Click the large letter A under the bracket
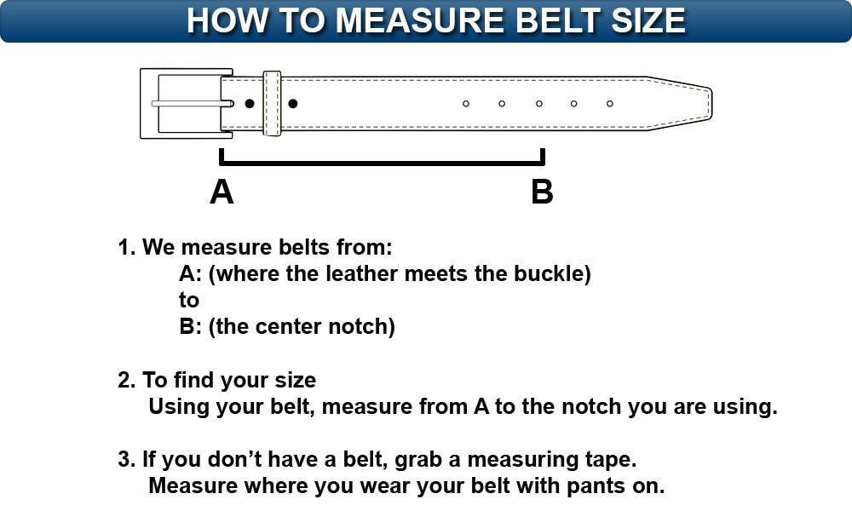222,192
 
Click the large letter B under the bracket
542,192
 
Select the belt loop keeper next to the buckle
272,103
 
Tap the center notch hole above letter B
538,104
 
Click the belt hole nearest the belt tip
610,104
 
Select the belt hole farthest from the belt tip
466,104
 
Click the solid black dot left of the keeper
250,104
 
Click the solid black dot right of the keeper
293,104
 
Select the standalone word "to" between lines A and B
189,301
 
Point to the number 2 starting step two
123,380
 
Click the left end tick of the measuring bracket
222,156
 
